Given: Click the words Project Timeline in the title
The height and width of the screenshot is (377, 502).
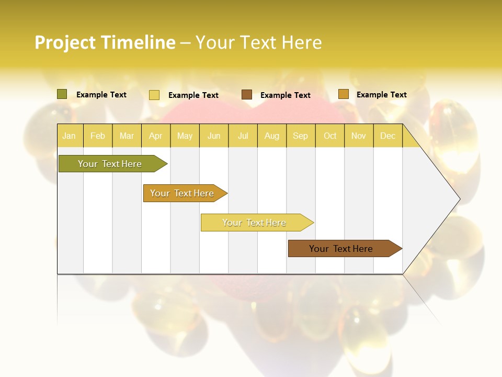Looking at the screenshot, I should [x=105, y=42].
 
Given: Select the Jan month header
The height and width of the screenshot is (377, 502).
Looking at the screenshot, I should [x=69, y=136].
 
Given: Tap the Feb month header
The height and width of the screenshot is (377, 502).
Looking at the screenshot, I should [x=98, y=136].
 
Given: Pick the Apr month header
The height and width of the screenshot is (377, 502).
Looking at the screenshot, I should [x=156, y=136].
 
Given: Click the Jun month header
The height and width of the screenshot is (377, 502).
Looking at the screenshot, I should [x=214, y=136].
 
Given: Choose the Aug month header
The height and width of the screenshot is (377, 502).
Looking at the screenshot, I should [x=272, y=136].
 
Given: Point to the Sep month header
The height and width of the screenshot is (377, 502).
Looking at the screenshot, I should [x=301, y=136].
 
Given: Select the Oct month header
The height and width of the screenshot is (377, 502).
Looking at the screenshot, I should [x=330, y=136].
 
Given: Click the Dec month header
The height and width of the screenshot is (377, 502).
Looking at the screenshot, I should [x=388, y=136].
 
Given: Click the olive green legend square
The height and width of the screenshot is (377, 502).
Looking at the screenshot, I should [x=62, y=94].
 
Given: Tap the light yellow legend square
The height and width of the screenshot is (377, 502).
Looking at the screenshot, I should [x=154, y=95].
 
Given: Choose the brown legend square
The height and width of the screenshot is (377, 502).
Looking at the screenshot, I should [x=247, y=95].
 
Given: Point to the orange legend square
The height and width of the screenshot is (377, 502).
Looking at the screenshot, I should [x=343, y=94].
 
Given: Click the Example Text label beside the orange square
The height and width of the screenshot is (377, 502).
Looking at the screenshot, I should [x=381, y=95].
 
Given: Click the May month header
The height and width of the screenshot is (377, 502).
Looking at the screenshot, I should [x=185, y=136].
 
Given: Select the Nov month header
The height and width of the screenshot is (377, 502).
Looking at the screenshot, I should [x=359, y=136].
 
